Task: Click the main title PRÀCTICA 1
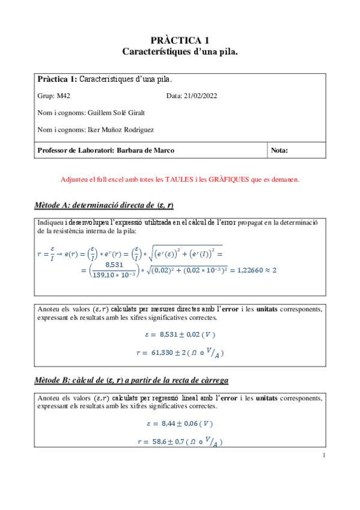(x=180, y=40)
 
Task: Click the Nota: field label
(x=280, y=150)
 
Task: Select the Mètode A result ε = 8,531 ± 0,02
(x=180, y=334)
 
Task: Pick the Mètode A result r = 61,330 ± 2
(x=180, y=352)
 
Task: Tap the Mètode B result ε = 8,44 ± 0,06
(x=180, y=423)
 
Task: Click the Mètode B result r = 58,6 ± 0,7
(x=180, y=441)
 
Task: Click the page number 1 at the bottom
(x=324, y=455)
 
